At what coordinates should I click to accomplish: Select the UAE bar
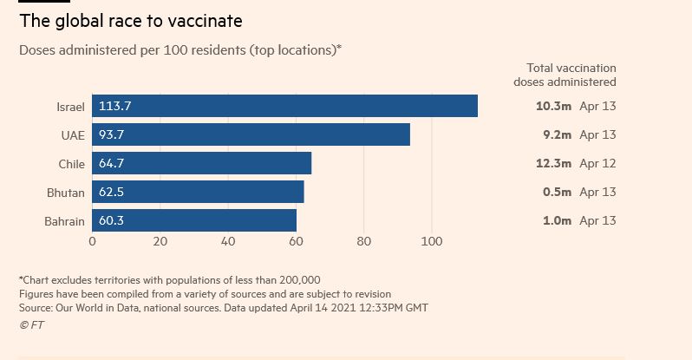[x=251, y=134]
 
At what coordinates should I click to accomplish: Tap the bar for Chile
[x=201, y=163]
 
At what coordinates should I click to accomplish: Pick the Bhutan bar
[x=198, y=192]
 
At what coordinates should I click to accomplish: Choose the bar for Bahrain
[x=194, y=220]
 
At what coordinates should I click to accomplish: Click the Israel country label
[x=70, y=107]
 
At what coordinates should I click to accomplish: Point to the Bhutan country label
[x=66, y=193]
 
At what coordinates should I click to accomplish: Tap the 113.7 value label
[x=114, y=107]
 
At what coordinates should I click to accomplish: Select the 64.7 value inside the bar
[x=111, y=163]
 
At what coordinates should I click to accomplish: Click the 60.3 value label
[x=111, y=220]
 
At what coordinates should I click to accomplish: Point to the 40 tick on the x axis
[x=228, y=241]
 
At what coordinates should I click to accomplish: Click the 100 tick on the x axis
[x=432, y=241]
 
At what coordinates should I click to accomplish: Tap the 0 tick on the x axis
[x=93, y=241]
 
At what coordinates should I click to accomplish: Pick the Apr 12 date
[x=597, y=163]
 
